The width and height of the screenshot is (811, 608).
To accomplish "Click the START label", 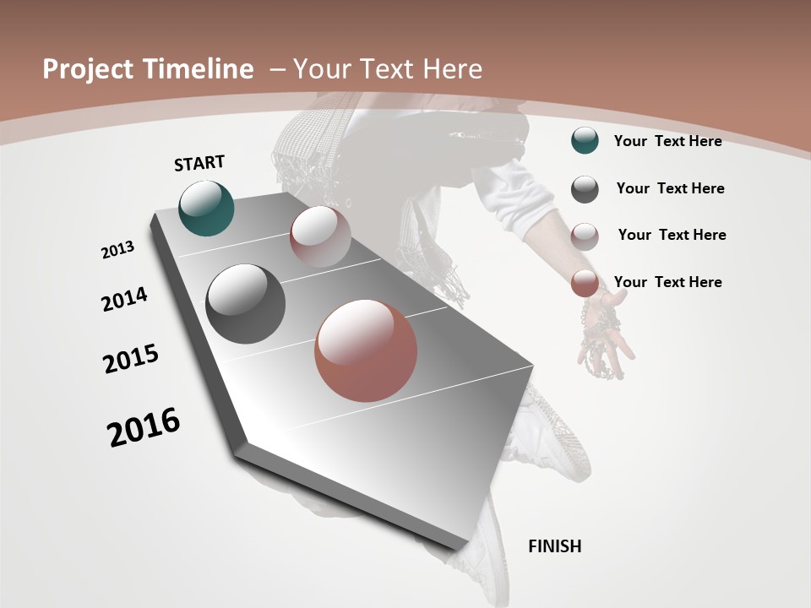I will tap(199, 163).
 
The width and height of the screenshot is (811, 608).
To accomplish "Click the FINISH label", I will tap(554, 546).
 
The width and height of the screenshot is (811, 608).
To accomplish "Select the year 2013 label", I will tap(118, 250).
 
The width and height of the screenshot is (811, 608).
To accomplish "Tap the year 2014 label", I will tap(124, 300).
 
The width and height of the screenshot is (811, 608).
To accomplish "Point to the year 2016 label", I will tap(144, 427).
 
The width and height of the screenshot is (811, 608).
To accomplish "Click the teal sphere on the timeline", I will tap(207, 208).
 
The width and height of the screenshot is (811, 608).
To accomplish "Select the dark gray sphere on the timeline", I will tap(246, 304).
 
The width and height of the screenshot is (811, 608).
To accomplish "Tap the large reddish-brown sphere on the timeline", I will tap(366, 350).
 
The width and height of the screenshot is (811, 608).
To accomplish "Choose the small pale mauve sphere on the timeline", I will tap(320, 236).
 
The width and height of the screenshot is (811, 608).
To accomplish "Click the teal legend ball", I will tap(585, 141).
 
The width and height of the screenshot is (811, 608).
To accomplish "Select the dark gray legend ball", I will tap(585, 189).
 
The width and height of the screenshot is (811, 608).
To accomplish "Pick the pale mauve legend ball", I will tap(585, 236).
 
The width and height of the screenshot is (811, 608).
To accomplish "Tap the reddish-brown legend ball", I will tap(585, 284).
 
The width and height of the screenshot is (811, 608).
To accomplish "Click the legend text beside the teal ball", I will tap(667, 141).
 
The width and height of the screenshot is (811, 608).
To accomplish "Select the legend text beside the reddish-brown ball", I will tap(667, 282).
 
